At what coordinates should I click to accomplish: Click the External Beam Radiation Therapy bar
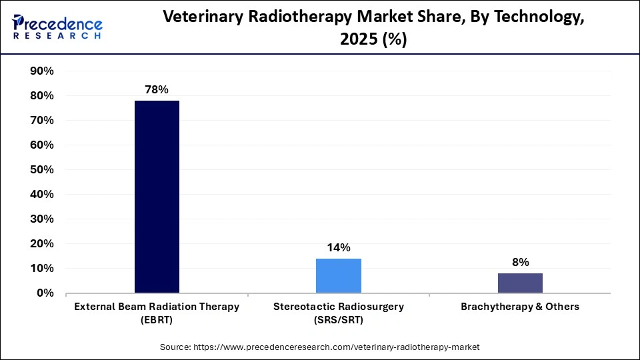point(157,197)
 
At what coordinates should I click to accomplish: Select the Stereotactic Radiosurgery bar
point(338,276)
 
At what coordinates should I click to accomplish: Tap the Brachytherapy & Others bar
point(520,283)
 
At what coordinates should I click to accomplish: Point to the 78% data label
point(157,89)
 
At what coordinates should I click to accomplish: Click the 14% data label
point(338,247)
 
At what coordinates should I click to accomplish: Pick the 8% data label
point(520,262)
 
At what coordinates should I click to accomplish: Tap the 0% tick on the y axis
point(45,293)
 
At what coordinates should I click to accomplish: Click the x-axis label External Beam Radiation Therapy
point(157,312)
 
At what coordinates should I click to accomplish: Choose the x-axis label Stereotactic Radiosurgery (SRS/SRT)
point(338,312)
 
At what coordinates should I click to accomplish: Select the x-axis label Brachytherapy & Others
point(520,307)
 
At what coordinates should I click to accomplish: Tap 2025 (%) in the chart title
point(374,40)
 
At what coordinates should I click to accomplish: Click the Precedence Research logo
point(57,27)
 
